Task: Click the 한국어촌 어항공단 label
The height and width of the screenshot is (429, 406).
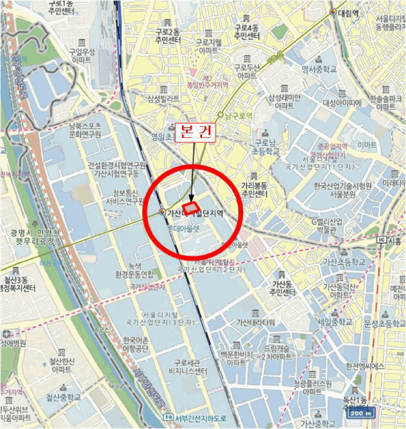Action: [x=136, y=344]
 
